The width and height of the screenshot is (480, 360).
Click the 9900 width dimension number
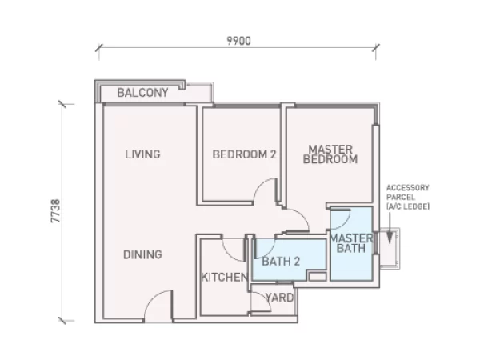tap(238, 41)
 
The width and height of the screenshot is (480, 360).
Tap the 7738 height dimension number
tap(56, 211)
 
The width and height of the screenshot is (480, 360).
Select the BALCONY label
tap(143, 93)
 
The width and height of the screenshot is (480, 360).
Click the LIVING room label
tap(142, 154)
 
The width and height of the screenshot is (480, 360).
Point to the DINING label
tap(142, 254)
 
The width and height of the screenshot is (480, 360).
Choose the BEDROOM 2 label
tap(244, 154)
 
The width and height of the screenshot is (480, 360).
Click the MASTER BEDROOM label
tap(330, 154)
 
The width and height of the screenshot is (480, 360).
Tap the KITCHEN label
tap(224, 277)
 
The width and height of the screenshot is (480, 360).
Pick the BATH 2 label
tap(281, 262)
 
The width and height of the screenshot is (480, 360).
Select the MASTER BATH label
tap(351, 243)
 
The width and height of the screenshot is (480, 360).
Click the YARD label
tap(279, 298)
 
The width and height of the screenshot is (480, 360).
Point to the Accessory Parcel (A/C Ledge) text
tap(408, 197)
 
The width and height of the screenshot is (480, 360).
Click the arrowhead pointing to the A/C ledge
tap(390, 238)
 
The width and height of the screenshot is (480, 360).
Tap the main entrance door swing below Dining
tap(153, 298)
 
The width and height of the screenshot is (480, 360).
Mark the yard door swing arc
tap(266, 298)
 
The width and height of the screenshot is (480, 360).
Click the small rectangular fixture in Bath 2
tap(317, 277)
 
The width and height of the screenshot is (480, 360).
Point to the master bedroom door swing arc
tap(302, 215)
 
